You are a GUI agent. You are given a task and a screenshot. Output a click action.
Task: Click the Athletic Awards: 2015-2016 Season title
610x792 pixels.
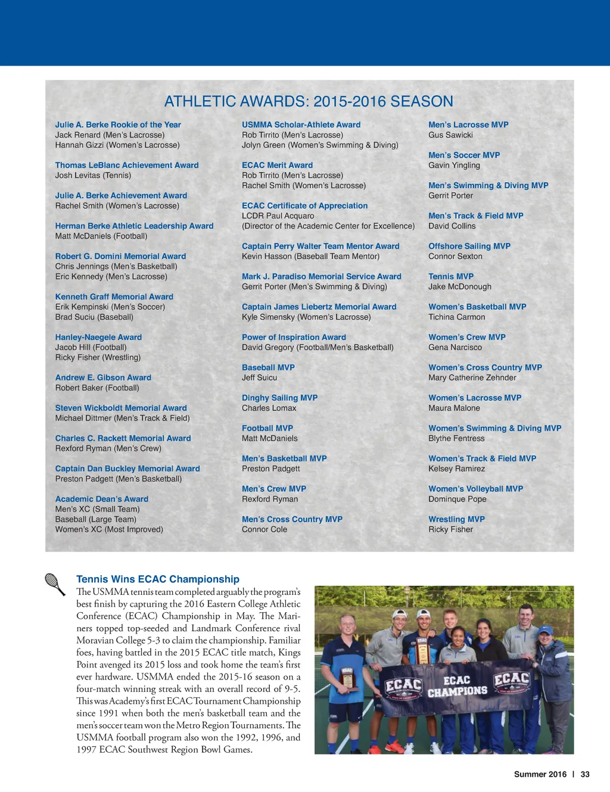(309, 101)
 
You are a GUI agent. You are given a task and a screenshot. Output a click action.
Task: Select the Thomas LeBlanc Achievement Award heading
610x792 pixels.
(127, 165)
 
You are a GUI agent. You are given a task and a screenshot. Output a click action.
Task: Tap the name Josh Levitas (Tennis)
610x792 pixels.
(93, 175)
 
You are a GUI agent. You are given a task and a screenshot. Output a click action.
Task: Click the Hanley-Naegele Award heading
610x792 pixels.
(98, 337)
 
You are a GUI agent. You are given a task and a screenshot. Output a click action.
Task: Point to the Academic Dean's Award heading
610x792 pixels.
(102, 499)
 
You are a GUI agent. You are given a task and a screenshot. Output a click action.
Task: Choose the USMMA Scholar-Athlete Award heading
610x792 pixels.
(301, 124)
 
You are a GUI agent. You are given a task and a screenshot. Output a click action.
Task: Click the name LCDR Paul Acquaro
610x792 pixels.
(278, 216)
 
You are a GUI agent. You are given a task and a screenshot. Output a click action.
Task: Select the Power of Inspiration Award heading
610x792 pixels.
(294, 337)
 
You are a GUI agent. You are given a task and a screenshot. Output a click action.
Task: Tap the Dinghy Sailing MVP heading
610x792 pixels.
(279, 398)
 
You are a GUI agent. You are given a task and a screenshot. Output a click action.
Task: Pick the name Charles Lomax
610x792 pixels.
(269, 408)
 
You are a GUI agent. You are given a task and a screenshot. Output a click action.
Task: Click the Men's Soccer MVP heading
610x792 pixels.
(464, 155)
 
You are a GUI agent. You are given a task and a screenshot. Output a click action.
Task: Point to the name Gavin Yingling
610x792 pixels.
(454, 165)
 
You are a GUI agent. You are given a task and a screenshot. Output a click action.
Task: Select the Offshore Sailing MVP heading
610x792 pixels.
(469, 246)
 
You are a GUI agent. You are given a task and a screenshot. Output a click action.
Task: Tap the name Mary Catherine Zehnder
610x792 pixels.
(472, 378)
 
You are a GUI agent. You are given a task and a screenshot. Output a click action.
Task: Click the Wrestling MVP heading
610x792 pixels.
(456, 519)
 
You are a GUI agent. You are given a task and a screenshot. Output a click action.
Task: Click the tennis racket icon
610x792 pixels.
(55, 584)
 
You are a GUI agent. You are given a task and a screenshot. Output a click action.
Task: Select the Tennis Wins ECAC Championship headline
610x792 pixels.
(158, 579)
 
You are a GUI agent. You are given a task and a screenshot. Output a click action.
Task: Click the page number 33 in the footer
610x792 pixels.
(585, 774)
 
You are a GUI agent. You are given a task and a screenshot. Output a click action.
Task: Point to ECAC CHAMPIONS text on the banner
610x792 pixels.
(457, 686)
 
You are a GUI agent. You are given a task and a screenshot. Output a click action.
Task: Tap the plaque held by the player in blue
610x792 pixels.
(347, 678)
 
